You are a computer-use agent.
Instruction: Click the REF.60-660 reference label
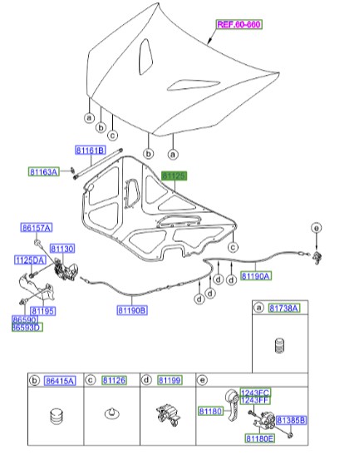coord(239,25)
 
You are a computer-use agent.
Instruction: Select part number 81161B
coord(90,151)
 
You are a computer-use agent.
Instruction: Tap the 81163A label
coord(43,172)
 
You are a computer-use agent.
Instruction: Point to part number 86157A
coord(37,227)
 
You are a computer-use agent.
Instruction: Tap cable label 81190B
coord(132,310)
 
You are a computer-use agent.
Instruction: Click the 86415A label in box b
coord(58,380)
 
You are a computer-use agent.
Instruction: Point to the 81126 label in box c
coord(114,380)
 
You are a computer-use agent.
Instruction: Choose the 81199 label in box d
coord(169,380)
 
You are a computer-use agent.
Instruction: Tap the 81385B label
coord(291,420)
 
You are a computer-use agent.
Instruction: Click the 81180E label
coord(259,438)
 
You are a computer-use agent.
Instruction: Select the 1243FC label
coord(255,393)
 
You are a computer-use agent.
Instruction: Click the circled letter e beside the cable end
coord(316,228)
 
